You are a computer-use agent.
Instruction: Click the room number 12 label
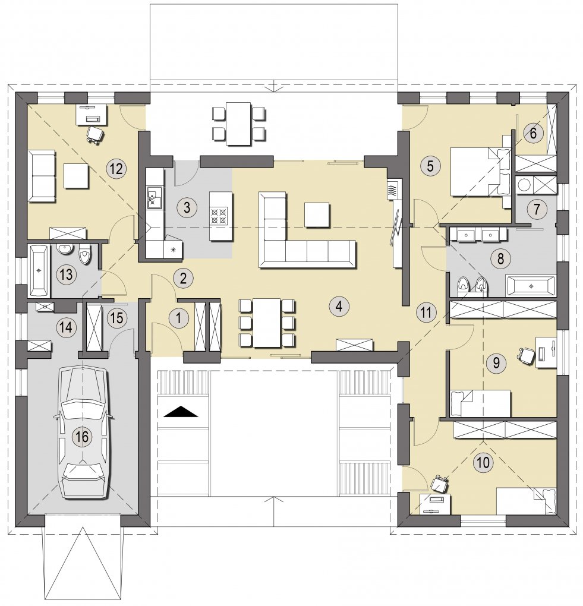click(116, 169)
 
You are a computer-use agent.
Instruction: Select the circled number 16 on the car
click(83, 437)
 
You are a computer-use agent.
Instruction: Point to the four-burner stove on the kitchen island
click(219, 216)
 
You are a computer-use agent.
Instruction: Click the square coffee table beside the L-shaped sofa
click(317, 214)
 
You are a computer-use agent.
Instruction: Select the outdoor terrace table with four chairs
click(238, 124)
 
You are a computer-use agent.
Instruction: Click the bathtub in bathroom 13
click(39, 270)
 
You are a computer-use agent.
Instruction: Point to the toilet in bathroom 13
click(84, 255)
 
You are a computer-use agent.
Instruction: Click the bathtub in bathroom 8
click(531, 286)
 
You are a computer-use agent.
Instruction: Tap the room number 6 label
click(533, 133)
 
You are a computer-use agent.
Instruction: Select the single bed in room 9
click(481, 403)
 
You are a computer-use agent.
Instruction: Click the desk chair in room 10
click(440, 484)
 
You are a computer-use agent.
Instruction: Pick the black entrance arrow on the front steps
click(181, 412)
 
